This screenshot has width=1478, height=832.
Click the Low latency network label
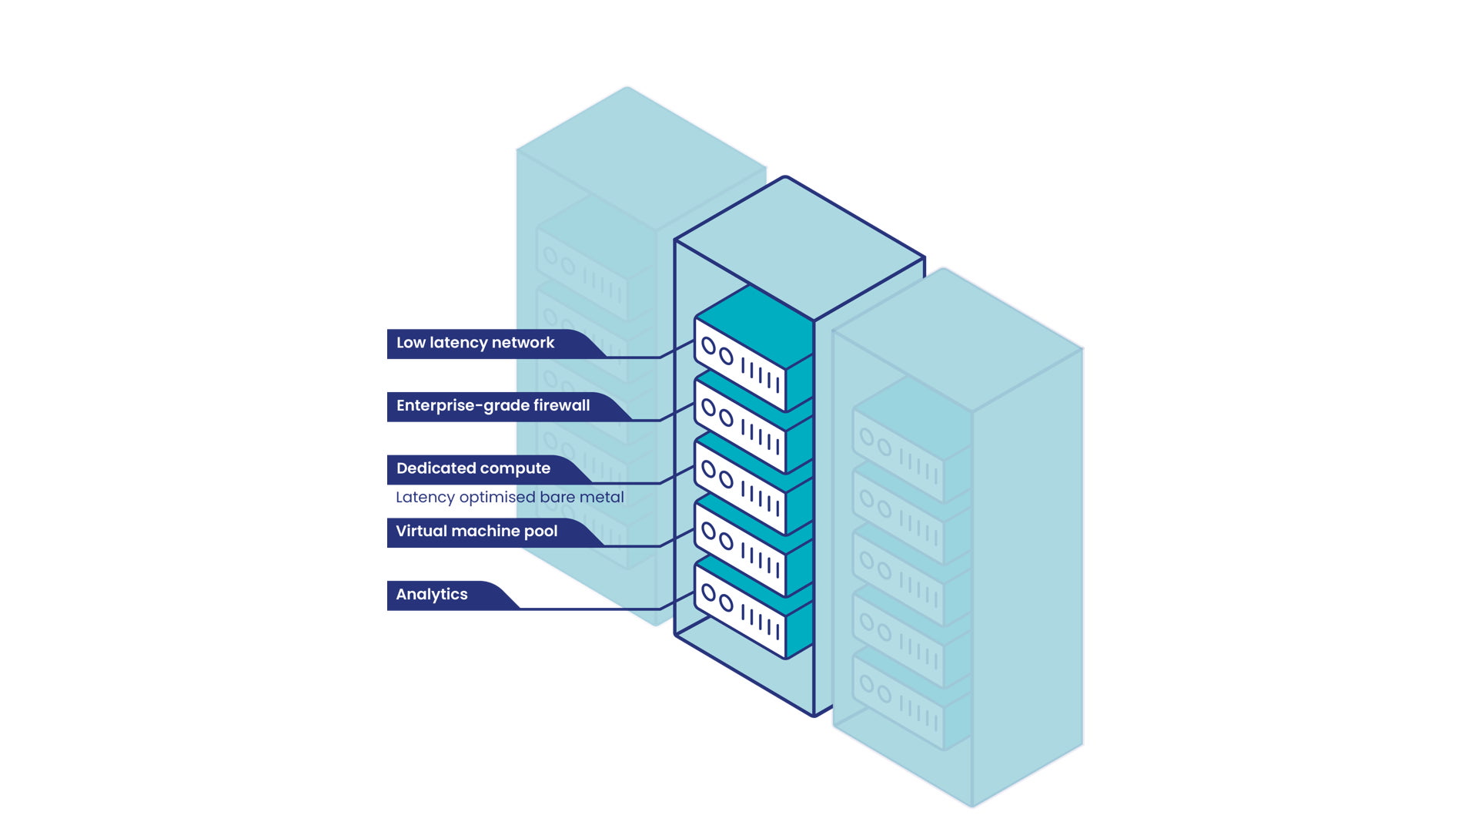pos(475,343)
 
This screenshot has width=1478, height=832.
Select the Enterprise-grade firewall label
pos(493,406)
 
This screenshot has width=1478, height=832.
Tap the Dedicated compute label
pos(473,468)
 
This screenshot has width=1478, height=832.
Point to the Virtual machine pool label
pos(477,532)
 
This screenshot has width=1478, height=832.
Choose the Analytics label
pos(432,595)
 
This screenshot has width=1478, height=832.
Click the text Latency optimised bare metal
pos(510,498)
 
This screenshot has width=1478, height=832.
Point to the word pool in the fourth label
pos(540,532)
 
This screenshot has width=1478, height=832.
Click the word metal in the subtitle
pos(602,498)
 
